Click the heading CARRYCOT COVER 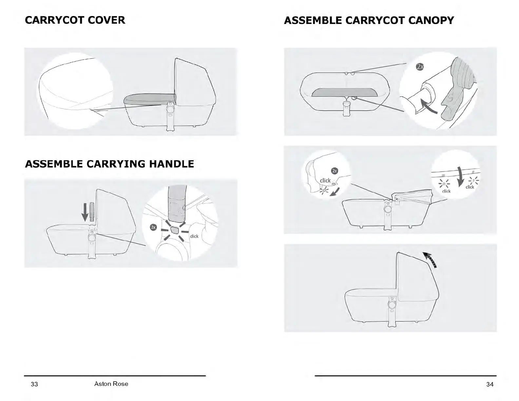tap(75, 20)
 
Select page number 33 tap(34, 384)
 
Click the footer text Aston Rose tap(111, 384)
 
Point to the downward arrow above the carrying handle tap(85, 212)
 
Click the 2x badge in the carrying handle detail tap(153, 227)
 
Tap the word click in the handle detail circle tap(194, 236)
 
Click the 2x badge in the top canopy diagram tap(420, 67)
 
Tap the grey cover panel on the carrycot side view tap(150, 100)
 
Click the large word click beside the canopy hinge tap(325, 181)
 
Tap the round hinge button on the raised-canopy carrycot tap(391, 305)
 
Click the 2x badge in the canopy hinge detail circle tap(334, 171)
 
